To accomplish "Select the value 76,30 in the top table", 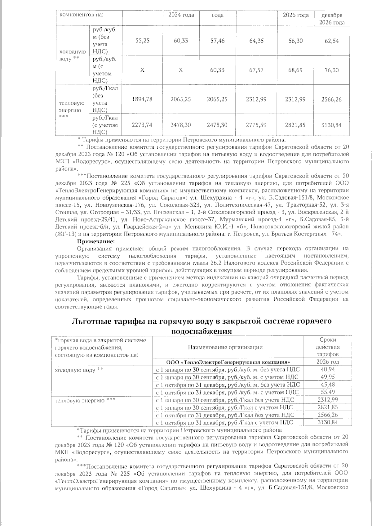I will point(332,70).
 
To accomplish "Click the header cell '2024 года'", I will point(181,15).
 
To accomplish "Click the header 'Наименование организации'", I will point(228,347).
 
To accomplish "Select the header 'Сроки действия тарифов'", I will point(328,347).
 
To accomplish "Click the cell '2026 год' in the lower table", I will point(328,362).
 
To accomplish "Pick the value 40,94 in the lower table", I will point(328,369).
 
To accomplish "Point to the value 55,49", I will point(328,392).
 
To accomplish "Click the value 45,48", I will point(328,384).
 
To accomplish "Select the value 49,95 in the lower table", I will point(328,377).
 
